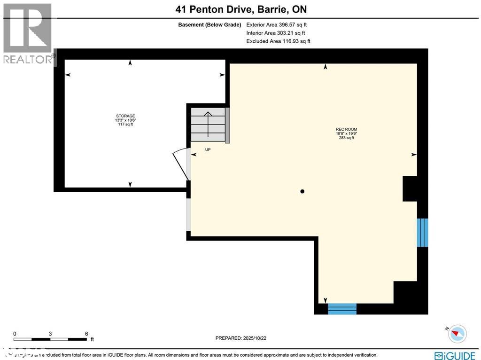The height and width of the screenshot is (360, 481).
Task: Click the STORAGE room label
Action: (x=125, y=116)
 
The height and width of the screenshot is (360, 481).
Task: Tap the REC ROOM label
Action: (x=342, y=129)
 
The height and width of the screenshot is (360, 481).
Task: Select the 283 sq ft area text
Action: (x=342, y=138)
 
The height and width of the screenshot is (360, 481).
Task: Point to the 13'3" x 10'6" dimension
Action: (x=125, y=120)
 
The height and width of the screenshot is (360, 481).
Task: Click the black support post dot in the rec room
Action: (x=303, y=191)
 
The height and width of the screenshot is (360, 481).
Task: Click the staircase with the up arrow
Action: (x=208, y=124)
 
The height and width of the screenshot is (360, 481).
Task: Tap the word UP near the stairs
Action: (x=208, y=149)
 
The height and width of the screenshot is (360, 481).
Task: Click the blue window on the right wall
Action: (x=423, y=232)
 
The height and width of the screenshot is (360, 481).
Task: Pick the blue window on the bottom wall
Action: (x=342, y=309)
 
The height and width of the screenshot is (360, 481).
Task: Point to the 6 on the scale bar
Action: (x=86, y=334)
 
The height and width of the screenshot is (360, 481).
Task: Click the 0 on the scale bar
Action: (x=15, y=334)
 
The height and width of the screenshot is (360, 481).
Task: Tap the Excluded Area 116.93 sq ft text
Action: (x=278, y=41)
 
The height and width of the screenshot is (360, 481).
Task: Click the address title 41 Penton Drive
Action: (x=240, y=9)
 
